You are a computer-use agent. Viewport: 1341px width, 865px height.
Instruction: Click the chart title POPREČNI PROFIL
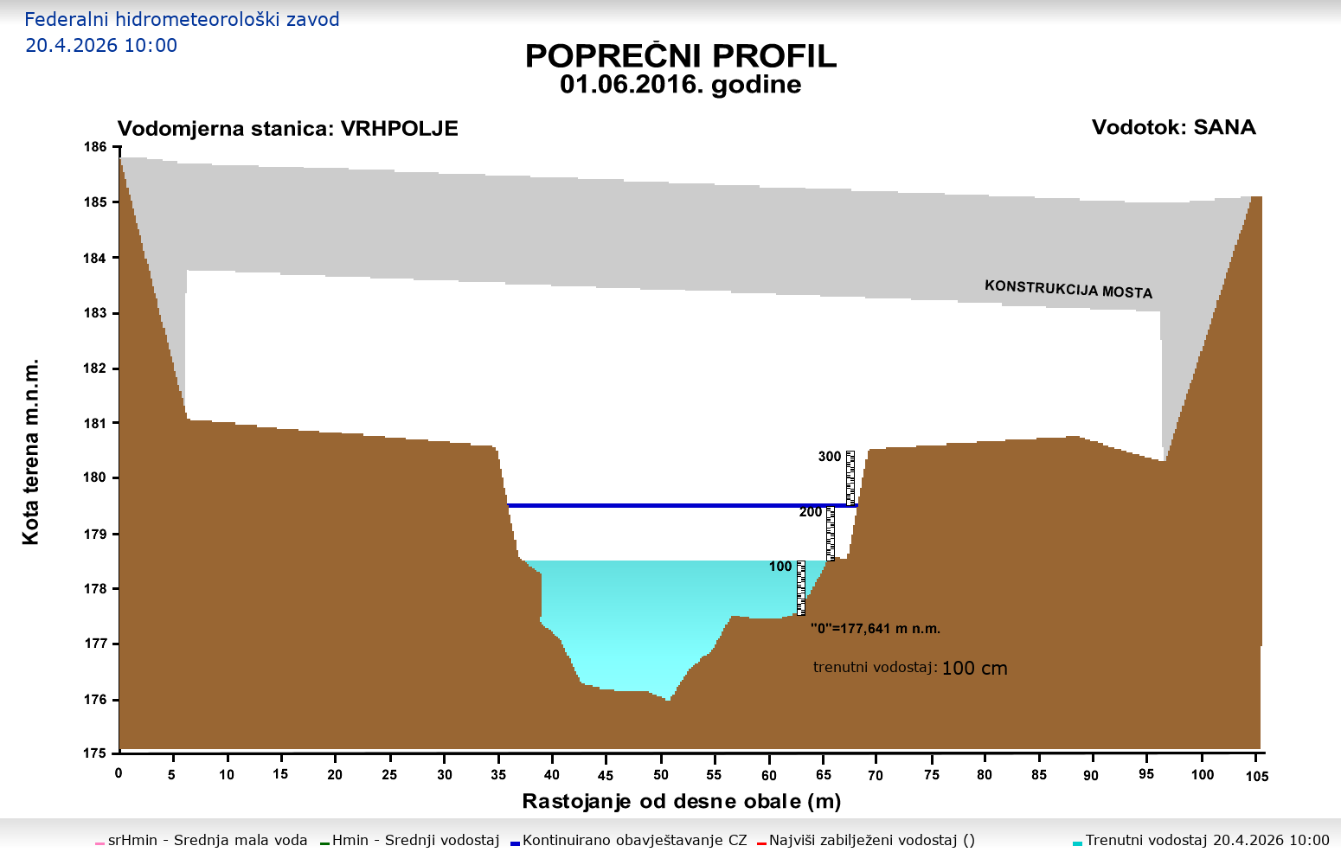point(681,56)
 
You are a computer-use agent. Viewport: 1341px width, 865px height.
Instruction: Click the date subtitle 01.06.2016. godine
point(681,85)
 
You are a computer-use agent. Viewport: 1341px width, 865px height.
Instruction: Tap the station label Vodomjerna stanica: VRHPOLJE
point(287,129)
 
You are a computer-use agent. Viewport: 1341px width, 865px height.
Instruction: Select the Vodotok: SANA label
point(1173,127)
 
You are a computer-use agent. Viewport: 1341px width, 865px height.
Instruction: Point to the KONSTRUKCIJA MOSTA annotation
point(1068,289)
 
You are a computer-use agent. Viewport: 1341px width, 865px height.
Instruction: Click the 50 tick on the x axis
point(660,775)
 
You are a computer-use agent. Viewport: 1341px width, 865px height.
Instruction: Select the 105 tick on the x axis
point(1257,776)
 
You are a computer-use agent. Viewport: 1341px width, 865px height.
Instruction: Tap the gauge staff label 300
point(830,457)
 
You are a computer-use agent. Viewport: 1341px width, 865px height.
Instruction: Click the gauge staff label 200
point(811,512)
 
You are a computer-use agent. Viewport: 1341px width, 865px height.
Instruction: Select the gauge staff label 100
point(780,567)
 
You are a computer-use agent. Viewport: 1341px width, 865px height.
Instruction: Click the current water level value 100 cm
point(974,669)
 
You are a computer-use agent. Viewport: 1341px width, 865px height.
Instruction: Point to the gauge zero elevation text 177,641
point(876,629)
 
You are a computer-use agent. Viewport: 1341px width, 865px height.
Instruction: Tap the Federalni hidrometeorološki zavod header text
point(182,20)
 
